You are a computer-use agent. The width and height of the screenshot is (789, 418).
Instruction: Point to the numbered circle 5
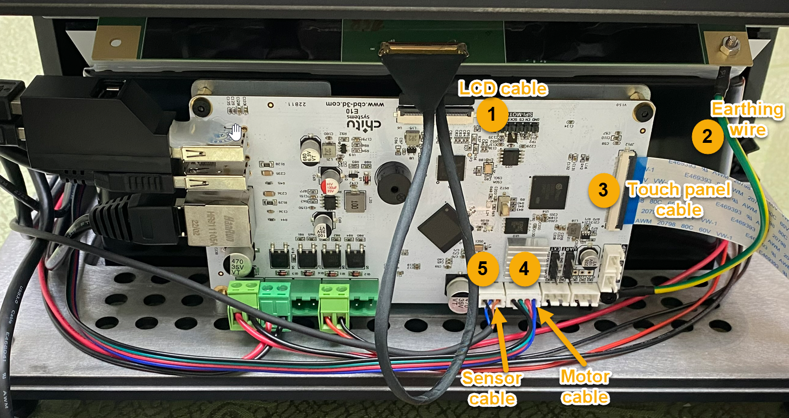click(x=483, y=269)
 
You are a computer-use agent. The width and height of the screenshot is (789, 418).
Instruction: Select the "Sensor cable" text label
click(x=492, y=388)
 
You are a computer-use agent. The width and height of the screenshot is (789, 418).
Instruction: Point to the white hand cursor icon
click(x=236, y=132)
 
